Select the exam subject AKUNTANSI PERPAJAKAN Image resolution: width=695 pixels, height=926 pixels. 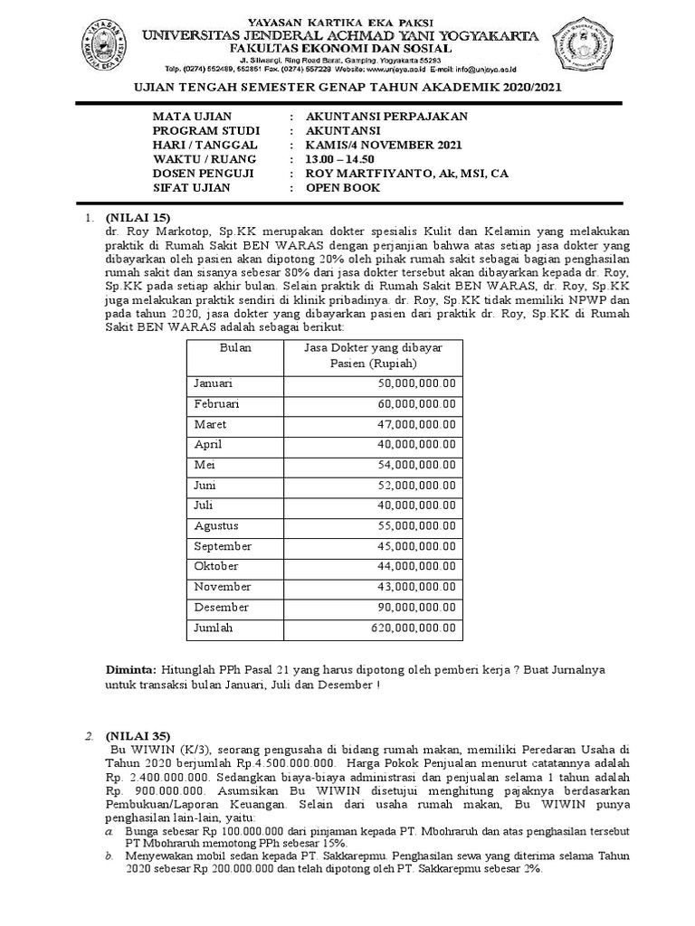pos(373,117)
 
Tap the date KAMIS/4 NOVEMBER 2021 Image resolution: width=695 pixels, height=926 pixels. pos(385,145)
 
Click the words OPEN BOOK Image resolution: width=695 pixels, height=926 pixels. pos(343,187)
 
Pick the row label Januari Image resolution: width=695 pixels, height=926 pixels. pos(214,383)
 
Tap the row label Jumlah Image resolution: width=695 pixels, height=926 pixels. pos(213,628)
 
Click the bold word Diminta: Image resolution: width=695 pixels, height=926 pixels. pos(132,669)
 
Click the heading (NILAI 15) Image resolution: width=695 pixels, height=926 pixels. pos(138,217)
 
